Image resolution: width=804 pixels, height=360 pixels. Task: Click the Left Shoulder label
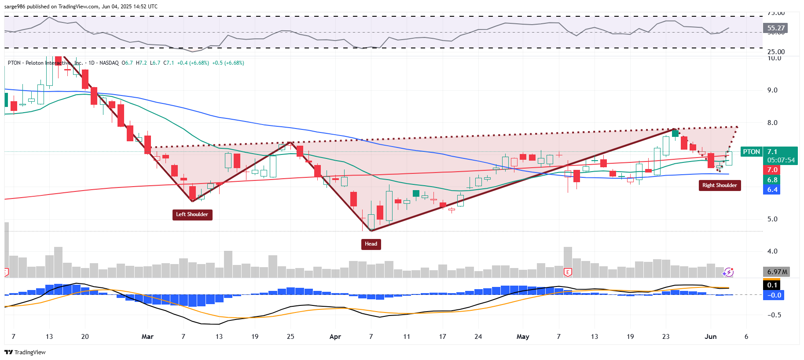point(192,215)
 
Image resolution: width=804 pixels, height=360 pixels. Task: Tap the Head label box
point(371,244)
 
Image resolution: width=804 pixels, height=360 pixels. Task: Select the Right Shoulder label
point(720,185)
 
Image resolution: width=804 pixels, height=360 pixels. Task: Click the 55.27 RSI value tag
point(775,28)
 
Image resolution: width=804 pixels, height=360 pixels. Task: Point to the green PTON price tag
point(751,152)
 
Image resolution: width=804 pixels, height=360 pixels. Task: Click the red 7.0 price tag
point(772,170)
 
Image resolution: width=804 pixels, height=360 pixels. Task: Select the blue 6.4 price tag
point(772,190)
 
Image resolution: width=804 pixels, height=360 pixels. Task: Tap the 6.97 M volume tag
point(777,272)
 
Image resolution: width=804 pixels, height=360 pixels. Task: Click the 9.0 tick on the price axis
point(772,90)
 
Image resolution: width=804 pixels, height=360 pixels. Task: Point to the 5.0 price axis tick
point(772,219)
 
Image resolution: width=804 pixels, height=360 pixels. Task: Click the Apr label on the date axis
point(335,337)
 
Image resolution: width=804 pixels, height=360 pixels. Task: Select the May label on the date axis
point(523,337)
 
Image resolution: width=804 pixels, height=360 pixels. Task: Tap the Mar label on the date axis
point(147,337)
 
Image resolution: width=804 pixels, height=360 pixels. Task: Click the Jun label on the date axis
point(711,337)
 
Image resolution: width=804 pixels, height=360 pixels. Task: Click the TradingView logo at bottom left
point(25,352)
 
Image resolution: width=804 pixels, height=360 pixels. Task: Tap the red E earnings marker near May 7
point(568,272)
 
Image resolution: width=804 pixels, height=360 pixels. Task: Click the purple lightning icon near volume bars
point(728,272)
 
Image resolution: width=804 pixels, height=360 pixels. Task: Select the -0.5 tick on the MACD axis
point(774,315)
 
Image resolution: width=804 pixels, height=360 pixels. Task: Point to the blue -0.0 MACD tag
point(774,295)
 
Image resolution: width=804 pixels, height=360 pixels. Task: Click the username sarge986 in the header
point(15,7)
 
